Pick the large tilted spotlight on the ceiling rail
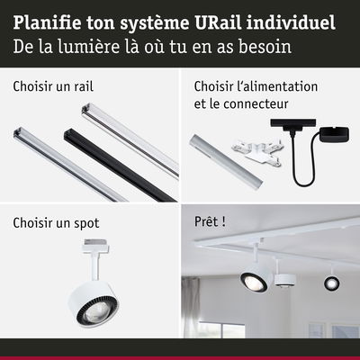coord(253,278)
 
